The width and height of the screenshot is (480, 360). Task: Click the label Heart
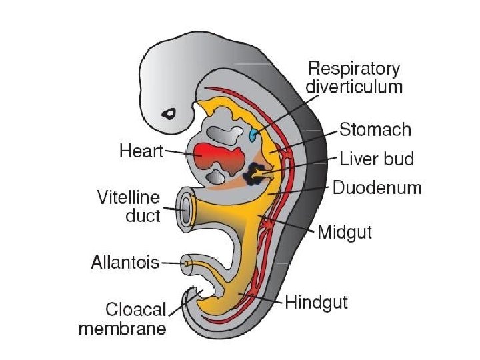141,151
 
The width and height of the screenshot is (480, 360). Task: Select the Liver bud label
377,159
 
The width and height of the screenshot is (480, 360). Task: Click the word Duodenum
377,187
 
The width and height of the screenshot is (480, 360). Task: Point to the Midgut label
345,232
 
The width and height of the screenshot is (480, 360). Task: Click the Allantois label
125,262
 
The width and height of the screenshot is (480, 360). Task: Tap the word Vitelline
128,197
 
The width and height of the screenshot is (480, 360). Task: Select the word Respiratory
353,69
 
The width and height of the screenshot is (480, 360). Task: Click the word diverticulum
354,87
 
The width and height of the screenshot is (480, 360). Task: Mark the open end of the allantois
187,264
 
